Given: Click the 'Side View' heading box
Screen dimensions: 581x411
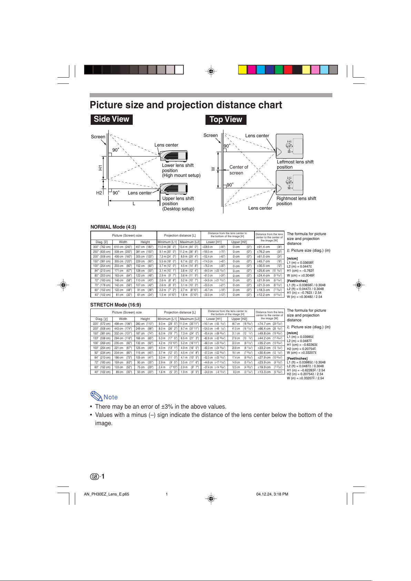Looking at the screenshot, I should point(111,119).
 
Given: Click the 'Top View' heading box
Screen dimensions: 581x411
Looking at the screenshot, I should point(226,120).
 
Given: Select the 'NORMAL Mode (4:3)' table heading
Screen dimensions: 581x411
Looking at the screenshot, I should point(113,227).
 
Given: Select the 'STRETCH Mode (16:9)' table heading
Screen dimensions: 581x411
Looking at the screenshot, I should point(116,305).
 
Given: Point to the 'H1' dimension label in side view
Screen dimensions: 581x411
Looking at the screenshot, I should point(100,168).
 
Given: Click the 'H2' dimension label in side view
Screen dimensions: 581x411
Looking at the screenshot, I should point(99,193).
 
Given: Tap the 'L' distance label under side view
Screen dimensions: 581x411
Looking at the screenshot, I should point(134,204).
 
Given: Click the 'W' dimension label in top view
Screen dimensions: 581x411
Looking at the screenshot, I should point(213,169).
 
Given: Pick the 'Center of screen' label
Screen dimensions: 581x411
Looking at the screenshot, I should point(239,170).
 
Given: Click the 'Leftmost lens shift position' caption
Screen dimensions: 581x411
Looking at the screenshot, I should point(295,164).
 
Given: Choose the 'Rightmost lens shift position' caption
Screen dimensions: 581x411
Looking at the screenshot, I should point(296,201).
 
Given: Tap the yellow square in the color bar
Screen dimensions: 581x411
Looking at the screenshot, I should point(243,70).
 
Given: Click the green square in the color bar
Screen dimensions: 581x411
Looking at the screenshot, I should point(279,70).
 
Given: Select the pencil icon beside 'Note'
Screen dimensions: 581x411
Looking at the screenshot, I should point(96,396).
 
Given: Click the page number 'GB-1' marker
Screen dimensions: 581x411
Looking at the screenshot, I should point(97,477).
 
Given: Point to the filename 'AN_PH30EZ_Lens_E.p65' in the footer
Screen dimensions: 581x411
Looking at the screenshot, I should point(107,494).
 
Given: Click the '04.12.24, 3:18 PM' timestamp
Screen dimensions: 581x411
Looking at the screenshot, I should point(272,494).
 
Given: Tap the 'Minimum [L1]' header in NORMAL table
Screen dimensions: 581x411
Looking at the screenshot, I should point(167,242).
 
